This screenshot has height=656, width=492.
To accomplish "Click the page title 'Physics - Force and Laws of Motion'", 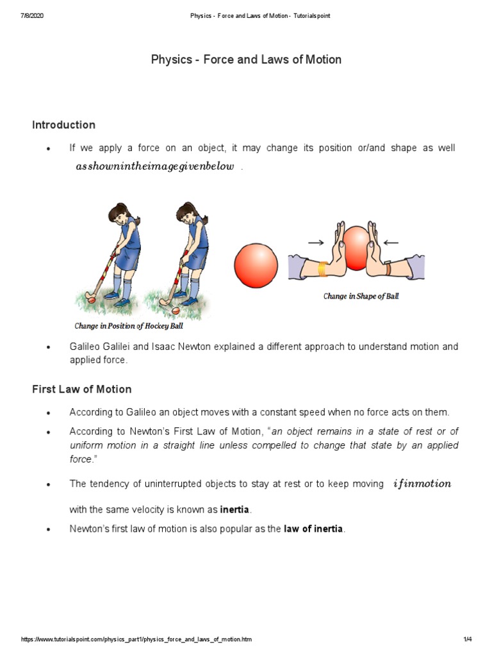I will point(246,60).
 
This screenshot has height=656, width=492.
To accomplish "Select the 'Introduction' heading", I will point(63,125).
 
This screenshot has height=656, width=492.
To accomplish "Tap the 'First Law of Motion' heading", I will point(81,389).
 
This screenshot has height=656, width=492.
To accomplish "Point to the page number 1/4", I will point(467,641).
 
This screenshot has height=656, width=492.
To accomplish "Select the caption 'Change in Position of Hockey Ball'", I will point(128,326).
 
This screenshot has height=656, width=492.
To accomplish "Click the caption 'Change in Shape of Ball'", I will point(361,297).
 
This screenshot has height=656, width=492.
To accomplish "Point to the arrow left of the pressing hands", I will point(316,243).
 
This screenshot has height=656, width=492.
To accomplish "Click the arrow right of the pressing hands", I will point(391,243).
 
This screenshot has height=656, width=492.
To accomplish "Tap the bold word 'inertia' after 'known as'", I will point(235,510).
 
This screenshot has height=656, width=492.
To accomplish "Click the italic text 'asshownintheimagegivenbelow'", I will point(156,167).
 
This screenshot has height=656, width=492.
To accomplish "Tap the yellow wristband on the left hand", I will point(322,270).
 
